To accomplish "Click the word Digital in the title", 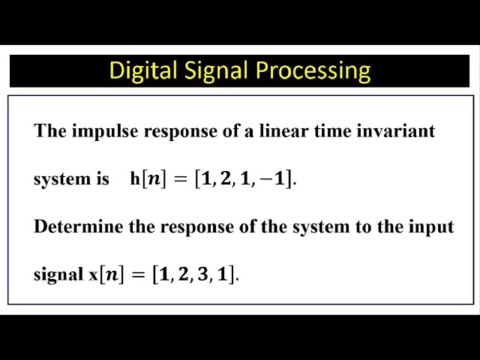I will pyautogui.click(x=139, y=70).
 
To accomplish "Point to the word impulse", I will pyautogui.click(x=100, y=131).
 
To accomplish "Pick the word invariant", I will pyautogui.click(x=397, y=131).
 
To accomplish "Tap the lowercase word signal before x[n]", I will pyautogui.click(x=59, y=274).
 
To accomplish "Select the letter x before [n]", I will pyautogui.click(x=94, y=274).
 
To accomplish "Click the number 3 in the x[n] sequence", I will pyautogui.click(x=203, y=274).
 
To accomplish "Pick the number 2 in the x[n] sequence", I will pyautogui.click(x=184, y=274).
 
